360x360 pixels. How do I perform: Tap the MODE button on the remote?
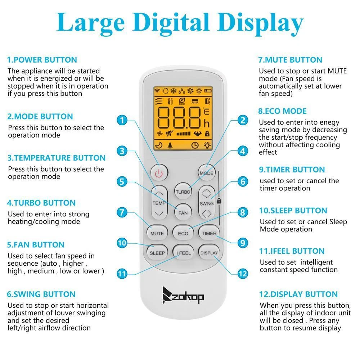207,173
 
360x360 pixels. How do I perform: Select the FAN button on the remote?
183,213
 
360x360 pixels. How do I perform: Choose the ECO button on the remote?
183,233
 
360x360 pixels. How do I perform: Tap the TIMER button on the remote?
209,233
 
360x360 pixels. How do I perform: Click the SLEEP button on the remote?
157,253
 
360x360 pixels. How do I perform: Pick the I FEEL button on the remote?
183,253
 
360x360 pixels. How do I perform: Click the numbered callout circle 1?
122,120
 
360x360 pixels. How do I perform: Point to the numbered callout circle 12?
243,274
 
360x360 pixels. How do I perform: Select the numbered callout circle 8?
243,212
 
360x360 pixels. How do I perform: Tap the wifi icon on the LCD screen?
157,90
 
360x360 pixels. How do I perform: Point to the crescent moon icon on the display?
159,145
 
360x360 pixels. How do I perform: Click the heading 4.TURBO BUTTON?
41,203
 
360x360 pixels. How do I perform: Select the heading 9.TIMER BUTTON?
292,170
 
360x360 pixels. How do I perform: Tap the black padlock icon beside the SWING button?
219,201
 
